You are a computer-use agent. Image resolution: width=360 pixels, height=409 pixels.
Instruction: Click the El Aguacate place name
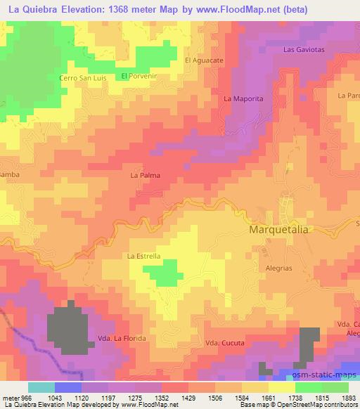pyautogui.click(x=204, y=60)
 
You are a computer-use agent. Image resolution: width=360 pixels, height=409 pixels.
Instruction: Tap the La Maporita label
pyautogui.click(x=243, y=99)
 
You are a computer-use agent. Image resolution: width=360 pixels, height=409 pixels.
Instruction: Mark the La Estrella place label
pyautogui.click(x=143, y=257)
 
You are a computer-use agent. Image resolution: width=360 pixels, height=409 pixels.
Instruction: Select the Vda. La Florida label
pyautogui.click(x=123, y=338)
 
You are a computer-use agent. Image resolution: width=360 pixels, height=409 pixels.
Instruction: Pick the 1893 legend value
pyautogui.click(x=349, y=398)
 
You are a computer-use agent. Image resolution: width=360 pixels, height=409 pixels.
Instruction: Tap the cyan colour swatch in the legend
pyautogui.click(x=41, y=387)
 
